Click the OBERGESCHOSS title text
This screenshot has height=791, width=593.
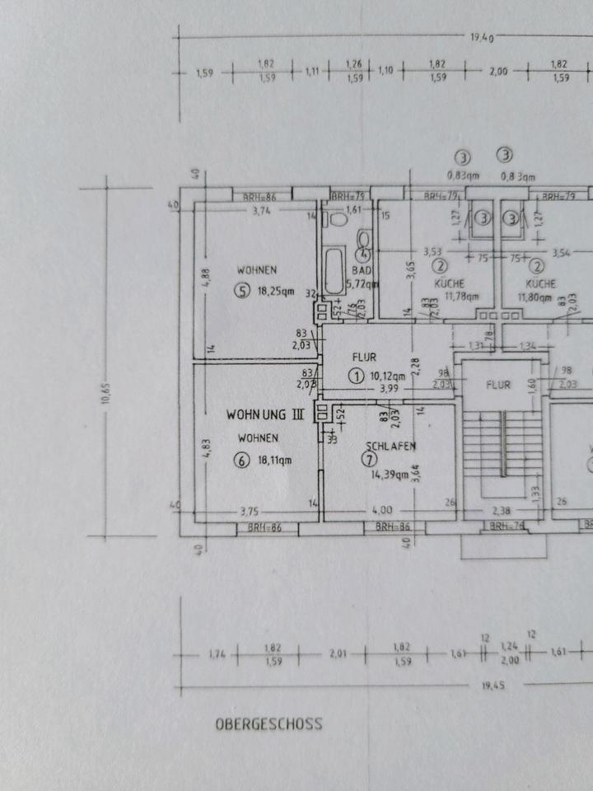pos(268,725)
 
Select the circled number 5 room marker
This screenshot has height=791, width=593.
pos(241,291)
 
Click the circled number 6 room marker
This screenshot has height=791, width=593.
pos(241,461)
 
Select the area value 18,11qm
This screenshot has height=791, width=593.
pos(277,461)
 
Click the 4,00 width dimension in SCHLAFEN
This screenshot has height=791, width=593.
pos(382,509)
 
